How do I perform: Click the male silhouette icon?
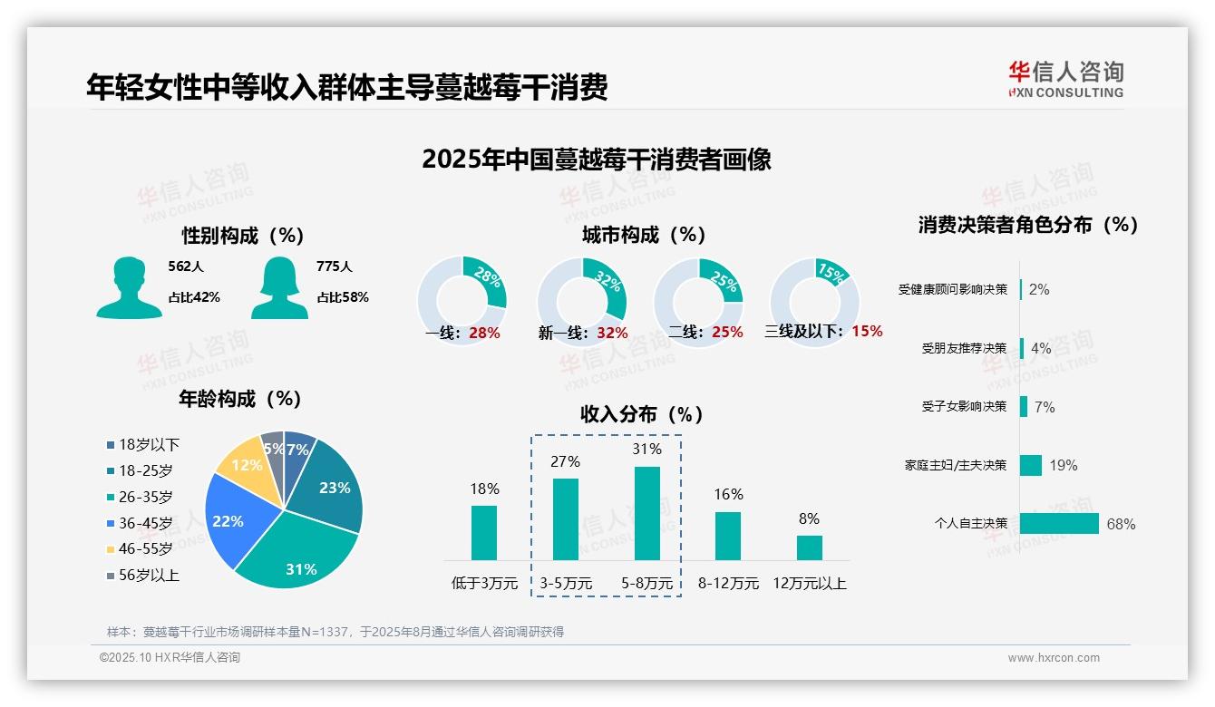point(129,287)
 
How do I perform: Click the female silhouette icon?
point(279,287)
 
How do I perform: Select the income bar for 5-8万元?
point(646,513)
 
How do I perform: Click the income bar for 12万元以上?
point(809,547)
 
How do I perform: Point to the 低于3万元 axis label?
point(484,584)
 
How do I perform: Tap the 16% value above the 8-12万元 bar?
point(728,494)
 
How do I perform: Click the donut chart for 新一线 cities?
point(581,301)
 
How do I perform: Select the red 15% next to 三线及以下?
point(867,331)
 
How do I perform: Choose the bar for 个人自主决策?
point(1058,524)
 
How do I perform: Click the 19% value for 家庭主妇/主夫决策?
point(1064,465)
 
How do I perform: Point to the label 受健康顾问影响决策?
point(952,290)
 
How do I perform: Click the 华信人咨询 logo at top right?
point(1065,79)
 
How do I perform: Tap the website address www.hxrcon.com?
point(1053,658)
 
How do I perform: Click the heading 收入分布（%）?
point(642,414)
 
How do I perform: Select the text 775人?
point(334,266)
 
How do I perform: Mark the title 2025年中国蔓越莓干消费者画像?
point(597,160)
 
